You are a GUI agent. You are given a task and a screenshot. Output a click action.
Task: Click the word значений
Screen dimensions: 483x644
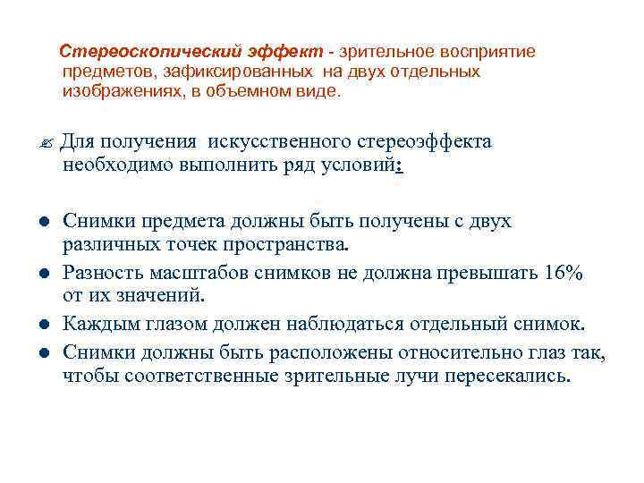163,293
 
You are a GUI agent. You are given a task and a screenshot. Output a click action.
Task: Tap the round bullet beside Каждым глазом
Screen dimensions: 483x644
44,323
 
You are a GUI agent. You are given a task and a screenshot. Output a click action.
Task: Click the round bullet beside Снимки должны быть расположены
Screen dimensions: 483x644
44,352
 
